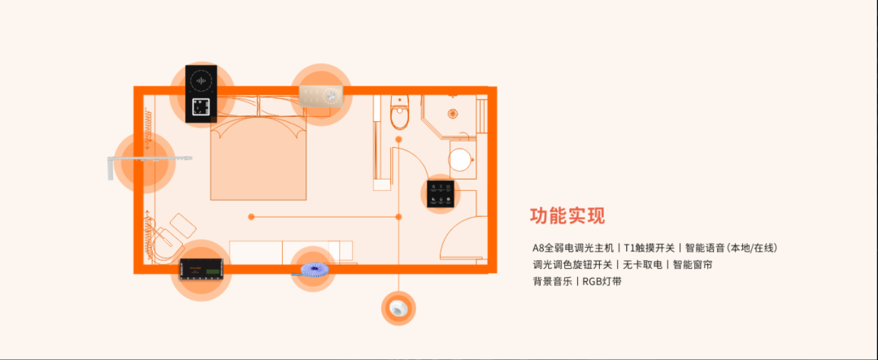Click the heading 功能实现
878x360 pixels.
tap(567, 215)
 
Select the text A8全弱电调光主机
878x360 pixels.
tap(573, 248)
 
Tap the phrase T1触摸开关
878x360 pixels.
tap(649, 248)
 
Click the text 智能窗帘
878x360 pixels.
tap(692, 264)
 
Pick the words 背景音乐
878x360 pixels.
tap(553, 281)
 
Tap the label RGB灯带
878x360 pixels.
tap(602, 281)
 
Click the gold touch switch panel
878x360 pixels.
tap(320, 96)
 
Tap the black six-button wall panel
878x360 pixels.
tap(440, 193)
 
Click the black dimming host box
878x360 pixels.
tap(202, 269)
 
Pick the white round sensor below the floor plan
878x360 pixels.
tap(398, 308)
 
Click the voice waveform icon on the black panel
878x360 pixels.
tap(201, 80)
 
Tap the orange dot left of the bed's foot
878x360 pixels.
tap(251, 216)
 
